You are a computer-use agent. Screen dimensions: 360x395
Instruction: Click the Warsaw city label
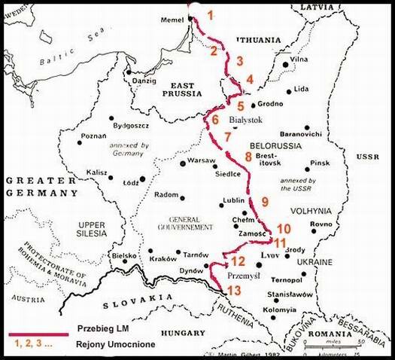point(202,161)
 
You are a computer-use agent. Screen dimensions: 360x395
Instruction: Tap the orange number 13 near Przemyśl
point(235,290)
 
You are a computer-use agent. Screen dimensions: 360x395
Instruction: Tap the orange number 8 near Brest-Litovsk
point(248,156)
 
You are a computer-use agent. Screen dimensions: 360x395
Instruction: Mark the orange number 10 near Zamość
point(283,228)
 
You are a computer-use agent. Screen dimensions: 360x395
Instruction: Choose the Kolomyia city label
point(278,310)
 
